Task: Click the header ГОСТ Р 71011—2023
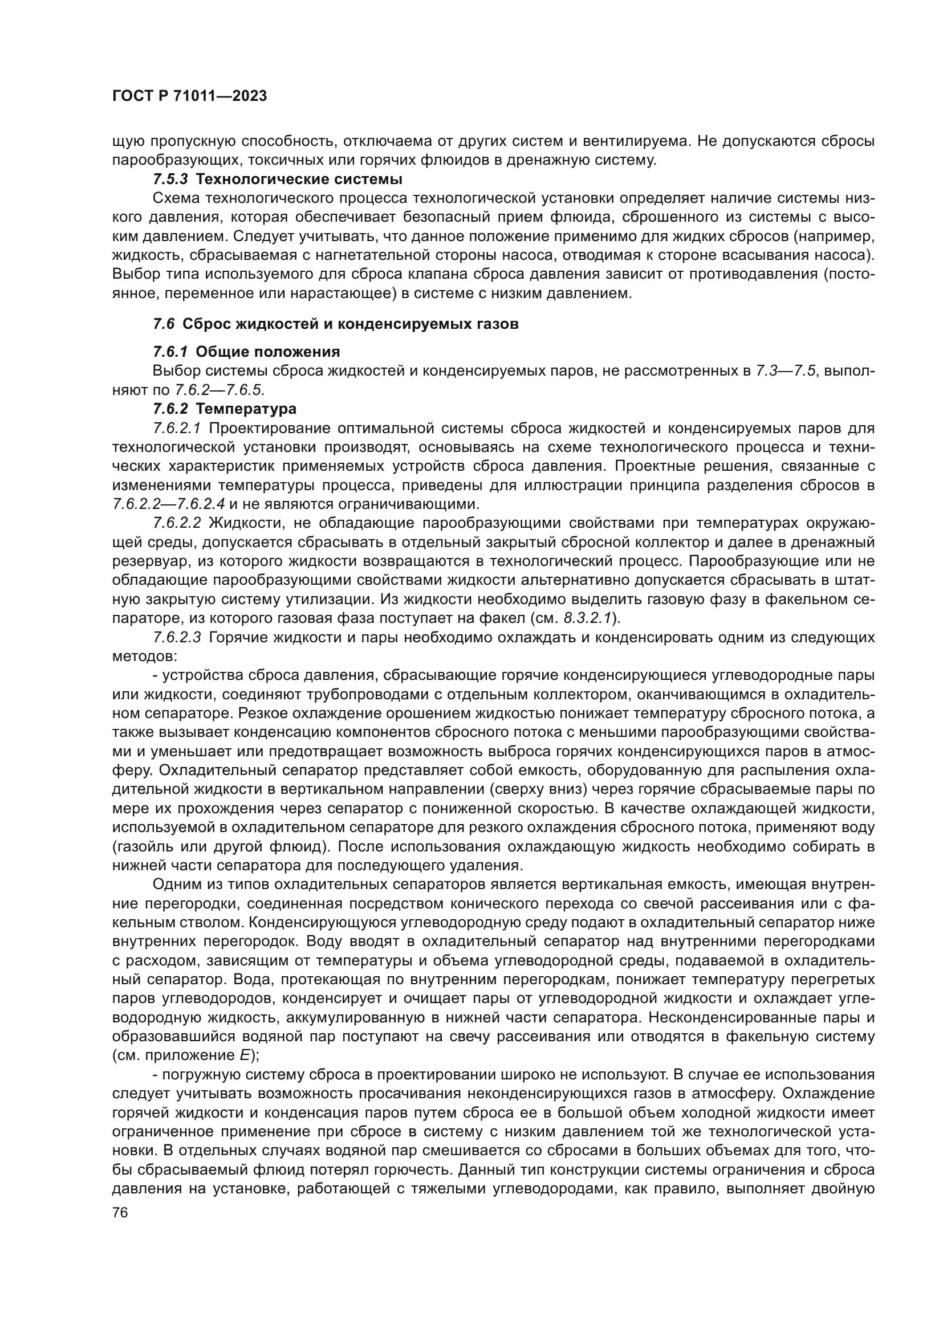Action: (x=189, y=96)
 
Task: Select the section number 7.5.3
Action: (x=171, y=180)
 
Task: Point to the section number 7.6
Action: (x=164, y=324)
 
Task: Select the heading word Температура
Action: (x=246, y=409)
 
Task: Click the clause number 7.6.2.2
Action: (x=177, y=523)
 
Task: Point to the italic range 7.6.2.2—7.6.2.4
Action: (x=168, y=504)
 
